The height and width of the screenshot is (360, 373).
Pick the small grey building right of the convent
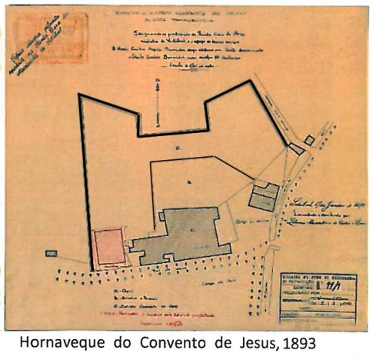[x=265, y=197]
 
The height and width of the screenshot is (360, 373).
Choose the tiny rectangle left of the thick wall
[x=52, y=252]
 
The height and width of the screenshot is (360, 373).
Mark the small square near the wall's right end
[x=308, y=140]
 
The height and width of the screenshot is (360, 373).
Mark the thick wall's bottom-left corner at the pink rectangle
[x=92, y=269]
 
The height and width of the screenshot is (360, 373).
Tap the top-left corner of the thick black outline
[x=79, y=95]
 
